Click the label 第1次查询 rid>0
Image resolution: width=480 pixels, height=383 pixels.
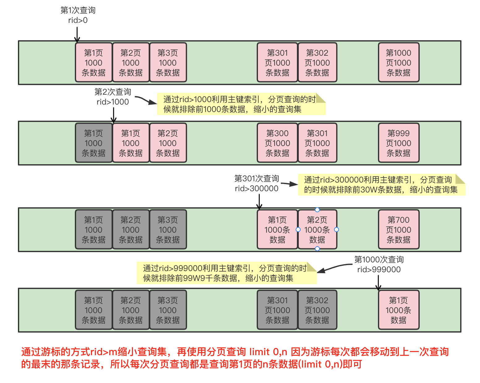coord(78,15)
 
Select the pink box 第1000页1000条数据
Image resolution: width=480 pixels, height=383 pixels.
coord(398,62)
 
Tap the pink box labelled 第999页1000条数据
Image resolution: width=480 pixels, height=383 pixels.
coord(398,143)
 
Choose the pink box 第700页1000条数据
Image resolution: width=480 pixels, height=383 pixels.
coord(398,230)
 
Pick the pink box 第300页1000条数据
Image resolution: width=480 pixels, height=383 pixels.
coord(277,143)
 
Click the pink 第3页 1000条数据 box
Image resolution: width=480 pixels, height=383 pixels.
coord(168,62)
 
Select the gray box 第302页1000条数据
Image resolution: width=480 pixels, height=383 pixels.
coord(317,310)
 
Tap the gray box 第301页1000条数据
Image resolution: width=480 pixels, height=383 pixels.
coord(277,310)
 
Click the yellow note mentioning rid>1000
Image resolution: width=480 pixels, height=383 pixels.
coord(241,104)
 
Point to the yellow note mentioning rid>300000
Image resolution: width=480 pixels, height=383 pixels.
coord(381,185)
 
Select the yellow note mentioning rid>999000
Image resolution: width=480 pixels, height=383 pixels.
coord(226,273)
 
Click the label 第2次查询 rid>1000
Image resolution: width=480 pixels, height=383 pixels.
coord(113,97)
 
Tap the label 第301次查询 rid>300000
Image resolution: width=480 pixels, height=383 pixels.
coord(256,183)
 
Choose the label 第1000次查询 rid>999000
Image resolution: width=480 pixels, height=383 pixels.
coord(379,264)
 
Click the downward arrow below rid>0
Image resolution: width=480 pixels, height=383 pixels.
coord(77,35)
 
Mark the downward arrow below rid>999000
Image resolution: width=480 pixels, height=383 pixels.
coord(378,282)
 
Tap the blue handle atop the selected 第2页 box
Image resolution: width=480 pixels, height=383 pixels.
coord(317,209)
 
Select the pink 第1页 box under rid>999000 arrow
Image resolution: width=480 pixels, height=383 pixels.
coord(398,310)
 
